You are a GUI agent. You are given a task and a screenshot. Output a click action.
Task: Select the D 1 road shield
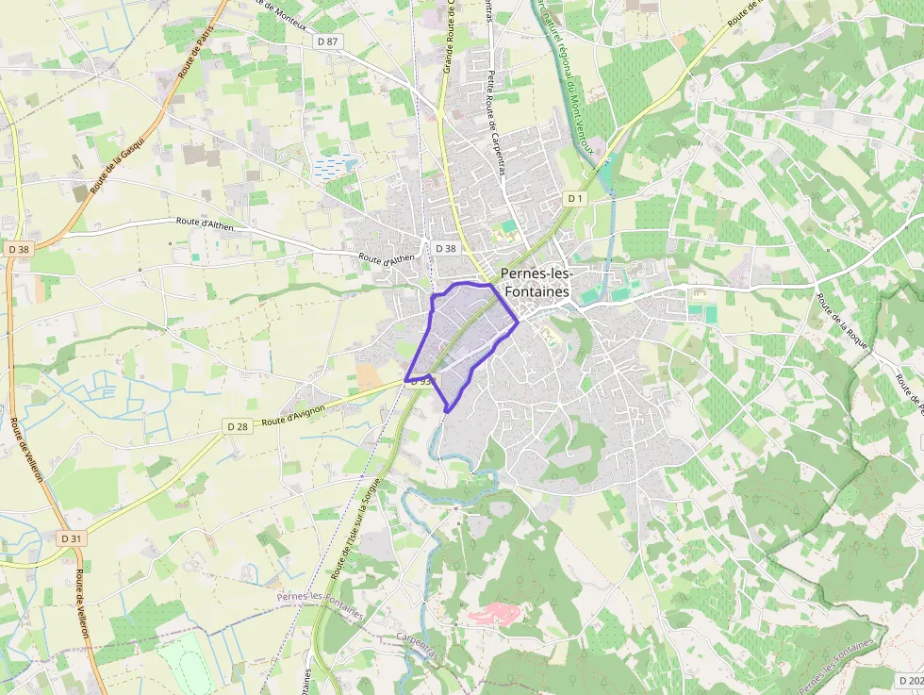tap(574, 198)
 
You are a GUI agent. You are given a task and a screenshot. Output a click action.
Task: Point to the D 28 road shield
tap(238, 426)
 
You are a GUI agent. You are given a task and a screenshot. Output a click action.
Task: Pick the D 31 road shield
tap(71, 538)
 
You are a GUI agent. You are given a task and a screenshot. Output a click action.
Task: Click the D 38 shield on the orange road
tap(18, 249)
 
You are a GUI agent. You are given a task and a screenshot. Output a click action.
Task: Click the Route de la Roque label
tap(842, 322)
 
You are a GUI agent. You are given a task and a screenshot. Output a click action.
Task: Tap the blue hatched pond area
tap(336, 166)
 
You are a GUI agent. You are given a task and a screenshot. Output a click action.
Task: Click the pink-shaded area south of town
tap(494, 614)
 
